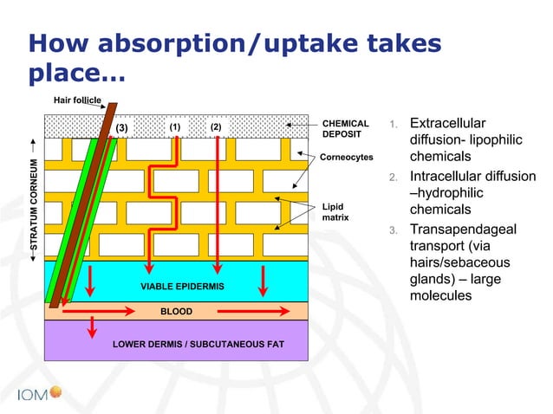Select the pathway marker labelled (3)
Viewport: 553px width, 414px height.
coord(121,128)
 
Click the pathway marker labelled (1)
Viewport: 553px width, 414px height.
coord(175,126)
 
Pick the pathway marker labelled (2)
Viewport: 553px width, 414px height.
coord(217,126)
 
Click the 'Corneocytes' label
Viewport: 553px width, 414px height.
coord(347,158)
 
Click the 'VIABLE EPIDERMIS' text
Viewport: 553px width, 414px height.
coord(182,286)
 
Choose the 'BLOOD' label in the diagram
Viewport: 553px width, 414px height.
coord(176,309)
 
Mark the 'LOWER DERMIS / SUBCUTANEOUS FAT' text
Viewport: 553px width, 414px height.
coord(198,345)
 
